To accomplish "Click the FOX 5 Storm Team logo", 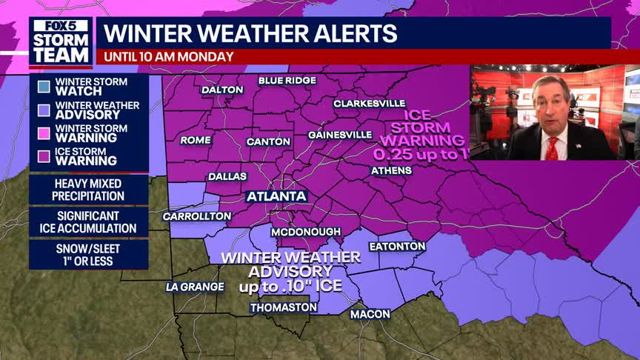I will pyautogui.click(x=61, y=41).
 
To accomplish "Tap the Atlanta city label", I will pyautogui.click(x=277, y=196).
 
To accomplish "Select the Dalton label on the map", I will pyautogui.click(x=222, y=90).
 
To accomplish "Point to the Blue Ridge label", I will pyautogui.click(x=287, y=80).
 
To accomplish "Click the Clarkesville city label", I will pyautogui.click(x=369, y=104).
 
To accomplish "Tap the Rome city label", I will pyautogui.click(x=196, y=140).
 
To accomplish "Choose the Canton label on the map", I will pyautogui.click(x=267, y=141).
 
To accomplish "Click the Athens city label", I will pyautogui.click(x=391, y=170).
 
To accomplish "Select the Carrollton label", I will pyautogui.click(x=197, y=216).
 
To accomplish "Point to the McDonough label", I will pyautogui.click(x=300, y=232).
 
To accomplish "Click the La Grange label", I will pyautogui.click(x=195, y=287).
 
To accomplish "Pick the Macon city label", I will pyautogui.click(x=370, y=314).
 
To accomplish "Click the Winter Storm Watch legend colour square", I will pyautogui.click(x=44, y=87).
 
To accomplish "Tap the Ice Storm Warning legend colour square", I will pyautogui.click(x=44, y=155).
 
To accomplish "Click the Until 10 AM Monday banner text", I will pyautogui.click(x=169, y=56).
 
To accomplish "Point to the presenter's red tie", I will pyautogui.click(x=551, y=147).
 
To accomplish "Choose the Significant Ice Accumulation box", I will pyautogui.click(x=88, y=222).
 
